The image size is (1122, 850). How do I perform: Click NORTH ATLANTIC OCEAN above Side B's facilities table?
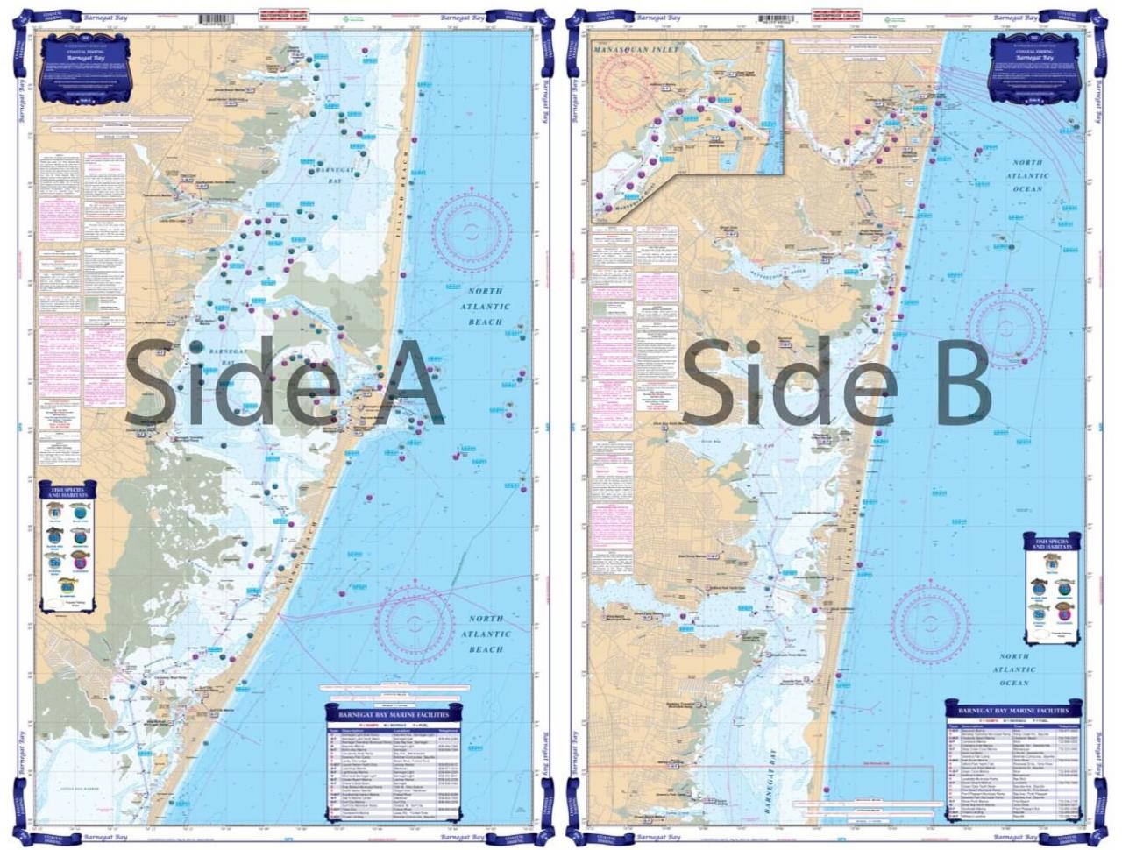point(1014,669)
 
